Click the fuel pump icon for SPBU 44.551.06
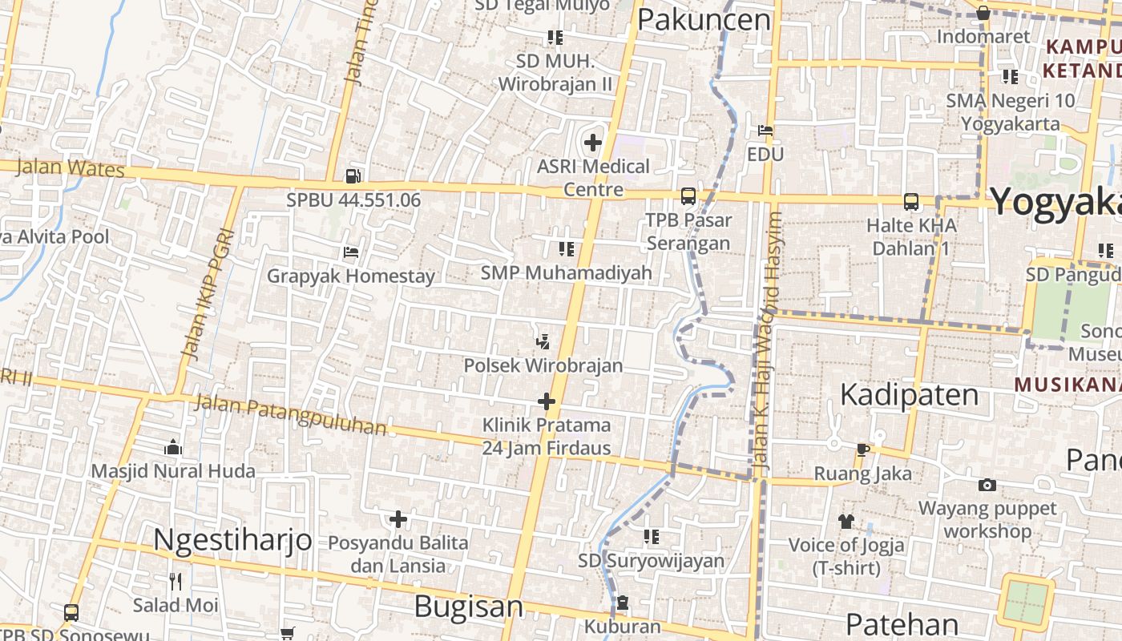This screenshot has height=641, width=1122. [x=353, y=175]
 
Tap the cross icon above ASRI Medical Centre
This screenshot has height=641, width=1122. [x=593, y=143]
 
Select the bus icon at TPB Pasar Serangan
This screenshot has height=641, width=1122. [x=688, y=196]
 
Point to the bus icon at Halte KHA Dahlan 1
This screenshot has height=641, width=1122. [x=911, y=201]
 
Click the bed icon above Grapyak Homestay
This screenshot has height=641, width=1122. [x=350, y=252]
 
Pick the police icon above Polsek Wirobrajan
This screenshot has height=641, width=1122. [x=543, y=341]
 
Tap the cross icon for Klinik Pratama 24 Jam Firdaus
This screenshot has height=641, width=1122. [x=547, y=401]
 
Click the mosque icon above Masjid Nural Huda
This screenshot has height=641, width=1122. [x=172, y=447]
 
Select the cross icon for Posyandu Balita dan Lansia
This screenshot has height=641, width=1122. [x=398, y=519]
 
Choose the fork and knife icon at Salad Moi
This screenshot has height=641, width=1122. [x=176, y=581]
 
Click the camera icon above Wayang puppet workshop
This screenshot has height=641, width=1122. [x=987, y=485]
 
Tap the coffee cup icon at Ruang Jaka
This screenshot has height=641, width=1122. [x=862, y=450]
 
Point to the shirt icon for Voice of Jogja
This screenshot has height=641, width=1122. [x=846, y=522]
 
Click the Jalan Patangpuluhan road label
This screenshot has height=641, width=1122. [x=291, y=414]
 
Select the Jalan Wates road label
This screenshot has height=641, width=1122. [x=71, y=168]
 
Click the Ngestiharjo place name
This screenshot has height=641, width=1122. [x=232, y=539]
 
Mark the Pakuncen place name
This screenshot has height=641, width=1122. [x=704, y=20]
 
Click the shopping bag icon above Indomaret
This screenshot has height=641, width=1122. [x=983, y=13]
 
